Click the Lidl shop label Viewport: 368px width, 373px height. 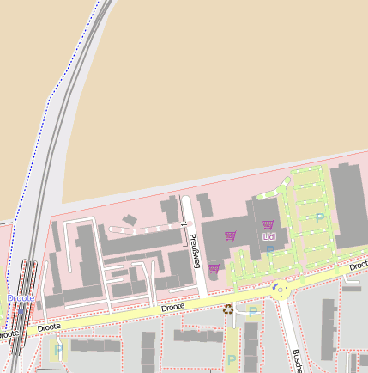click(x=269, y=236)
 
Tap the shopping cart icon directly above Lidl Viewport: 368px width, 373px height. click(x=268, y=225)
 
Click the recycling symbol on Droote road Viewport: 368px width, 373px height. click(x=228, y=309)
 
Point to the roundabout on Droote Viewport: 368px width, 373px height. click(x=280, y=290)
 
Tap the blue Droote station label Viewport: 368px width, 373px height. click(x=21, y=298)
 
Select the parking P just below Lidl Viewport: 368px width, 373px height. click(x=269, y=250)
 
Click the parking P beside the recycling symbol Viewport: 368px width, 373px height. click(x=253, y=312)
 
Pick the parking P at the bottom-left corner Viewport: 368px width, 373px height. click(x=58, y=349)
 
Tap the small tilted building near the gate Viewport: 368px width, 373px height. click(x=130, y=220)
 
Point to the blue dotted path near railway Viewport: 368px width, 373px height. click(x=39, y=146)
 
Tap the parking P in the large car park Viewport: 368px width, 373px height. click(x=320, y=218)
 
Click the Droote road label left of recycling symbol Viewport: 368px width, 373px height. click(x=172, y=307)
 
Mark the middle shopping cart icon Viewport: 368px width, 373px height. click(x=230, y=235)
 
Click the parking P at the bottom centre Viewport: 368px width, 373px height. click(x=232, y=359)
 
